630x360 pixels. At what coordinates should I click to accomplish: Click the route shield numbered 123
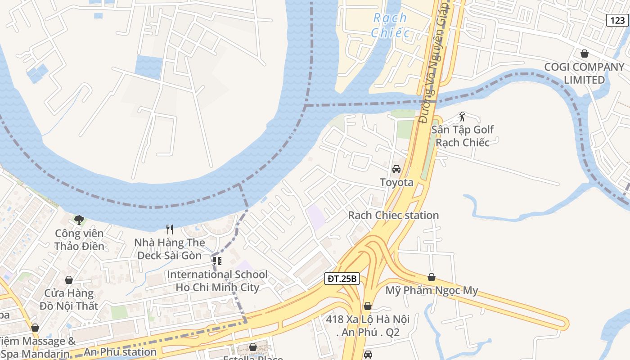(x=617, y=20)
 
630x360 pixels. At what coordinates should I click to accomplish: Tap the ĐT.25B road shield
(x=342, y=279)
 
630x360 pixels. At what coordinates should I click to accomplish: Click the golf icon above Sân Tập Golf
(x=462, y=117)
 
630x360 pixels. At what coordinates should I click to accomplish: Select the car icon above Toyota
(x=396, y=169)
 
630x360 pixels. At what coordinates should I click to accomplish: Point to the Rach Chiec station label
(x=393, y=215)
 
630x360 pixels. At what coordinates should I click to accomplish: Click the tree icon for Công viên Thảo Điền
(x=79, y=220)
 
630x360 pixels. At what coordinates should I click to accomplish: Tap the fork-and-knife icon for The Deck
(x=170, y=229)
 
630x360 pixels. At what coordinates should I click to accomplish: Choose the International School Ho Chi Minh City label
(x=217, y=281)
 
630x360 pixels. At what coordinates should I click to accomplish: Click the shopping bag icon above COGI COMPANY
(x=584, y=54)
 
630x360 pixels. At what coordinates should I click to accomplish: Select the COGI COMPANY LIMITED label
(x=584, y=73)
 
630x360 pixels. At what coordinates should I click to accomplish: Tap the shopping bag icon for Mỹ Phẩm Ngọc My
(x=432, y=277)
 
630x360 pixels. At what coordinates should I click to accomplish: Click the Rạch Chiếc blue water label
(x=390, y=25)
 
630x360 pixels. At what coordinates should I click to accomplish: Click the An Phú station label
(x=120, y=352)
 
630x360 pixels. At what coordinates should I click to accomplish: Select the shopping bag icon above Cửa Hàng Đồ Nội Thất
(x=69, y=280)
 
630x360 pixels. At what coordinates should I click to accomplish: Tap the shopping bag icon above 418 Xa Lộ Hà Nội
(x=368, y=306)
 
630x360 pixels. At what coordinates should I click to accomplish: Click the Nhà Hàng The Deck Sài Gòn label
(x=170, y=249)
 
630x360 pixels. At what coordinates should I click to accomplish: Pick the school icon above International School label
(x=217, y=261)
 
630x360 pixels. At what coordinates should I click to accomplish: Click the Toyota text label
(x=396, y=182)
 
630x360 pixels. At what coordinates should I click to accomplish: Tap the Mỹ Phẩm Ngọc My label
(x=432, y=290)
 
